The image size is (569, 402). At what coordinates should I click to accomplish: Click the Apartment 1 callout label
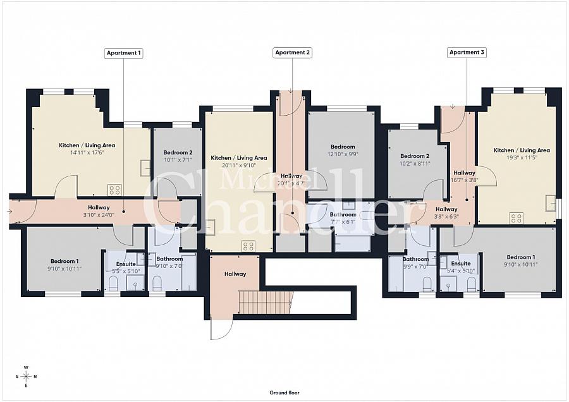pyautogui.click(x=123, y=53)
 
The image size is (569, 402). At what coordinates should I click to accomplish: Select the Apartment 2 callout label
pyautogui.click(x=293, y=53)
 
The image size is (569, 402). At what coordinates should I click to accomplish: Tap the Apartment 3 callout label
pyautogui.click(x=467, y=53)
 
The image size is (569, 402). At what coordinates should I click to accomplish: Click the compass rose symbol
pyautogui.click(x=26, y=376)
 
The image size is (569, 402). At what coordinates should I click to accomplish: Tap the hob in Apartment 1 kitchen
pyautogui.click(x=114, y=189)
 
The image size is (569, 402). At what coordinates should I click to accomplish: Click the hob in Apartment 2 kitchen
pyautogui.click(x=248, y=246)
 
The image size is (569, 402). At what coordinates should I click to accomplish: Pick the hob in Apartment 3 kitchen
pyautogui.click(x=516, y=218)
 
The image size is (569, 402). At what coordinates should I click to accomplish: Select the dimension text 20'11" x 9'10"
pyautogui.click(x=238, y=164)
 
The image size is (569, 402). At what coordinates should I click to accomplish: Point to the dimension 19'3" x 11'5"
pyautogui.click(x=522, y=157)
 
